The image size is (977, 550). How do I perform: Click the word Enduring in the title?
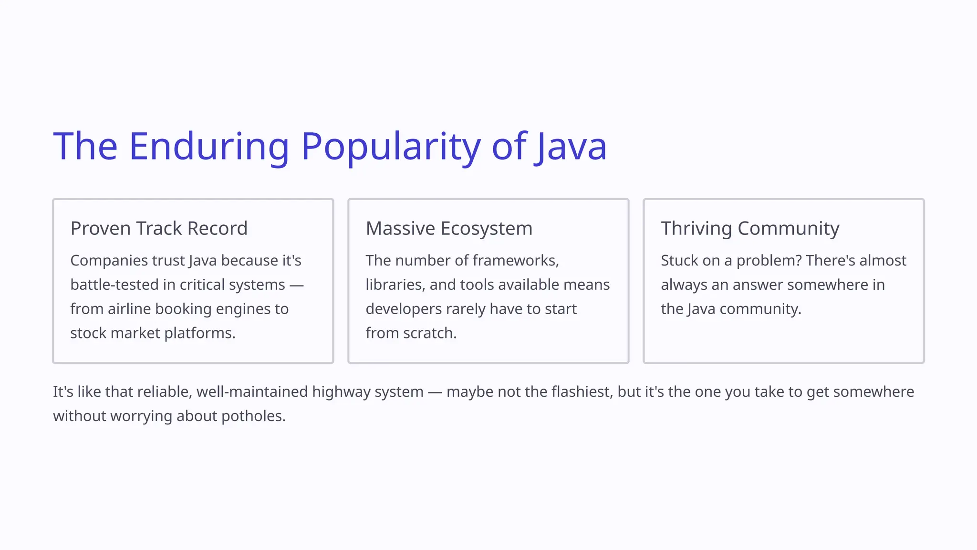point(209,146)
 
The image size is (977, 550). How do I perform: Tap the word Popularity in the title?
point(391,146)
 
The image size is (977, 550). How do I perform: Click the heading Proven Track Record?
point(159,228)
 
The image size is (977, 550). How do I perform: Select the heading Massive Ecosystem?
point(449,228)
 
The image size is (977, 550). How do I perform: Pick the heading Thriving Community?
point(750,228)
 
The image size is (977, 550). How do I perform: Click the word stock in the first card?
point(88,333)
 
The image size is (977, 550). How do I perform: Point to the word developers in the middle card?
point(404,309)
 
